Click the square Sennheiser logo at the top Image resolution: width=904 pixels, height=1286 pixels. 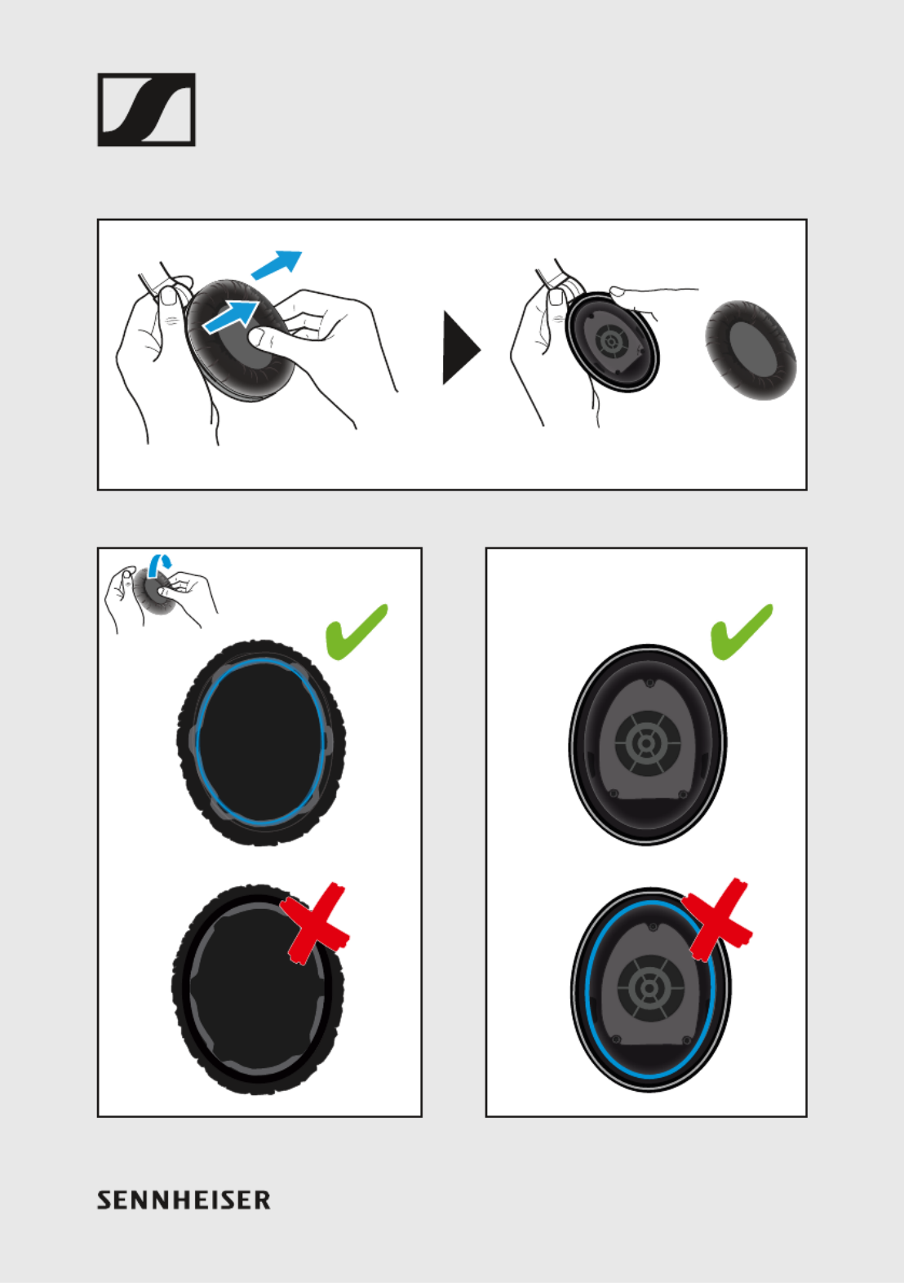(x=146, y=109)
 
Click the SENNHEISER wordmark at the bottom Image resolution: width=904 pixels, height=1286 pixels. (x=184, y=1200)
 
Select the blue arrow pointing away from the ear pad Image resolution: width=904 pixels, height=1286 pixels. (x=277, y=264)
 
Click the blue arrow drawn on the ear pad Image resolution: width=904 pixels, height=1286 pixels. (x=229, y=317)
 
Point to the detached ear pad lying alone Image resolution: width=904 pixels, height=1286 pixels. (x=751, y=349)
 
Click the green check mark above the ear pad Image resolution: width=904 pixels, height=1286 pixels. (x=357, y=632)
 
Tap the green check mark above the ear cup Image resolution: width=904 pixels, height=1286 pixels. (x=742, y=632)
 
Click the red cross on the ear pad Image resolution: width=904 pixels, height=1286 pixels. (x=315, y=924)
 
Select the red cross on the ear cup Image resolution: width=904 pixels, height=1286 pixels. (x=717, y=919)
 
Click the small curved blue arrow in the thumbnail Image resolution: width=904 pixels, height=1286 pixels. (x=159, y=565)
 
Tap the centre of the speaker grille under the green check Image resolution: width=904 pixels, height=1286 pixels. (x=647, y=743)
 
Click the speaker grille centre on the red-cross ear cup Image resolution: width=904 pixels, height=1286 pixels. (x=649, y=988)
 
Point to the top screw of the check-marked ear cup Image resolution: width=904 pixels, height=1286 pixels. (x=649, y=683)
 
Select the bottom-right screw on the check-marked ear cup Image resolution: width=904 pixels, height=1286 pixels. (x=682, y=795)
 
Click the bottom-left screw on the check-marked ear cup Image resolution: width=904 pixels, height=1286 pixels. (x=613, y=793)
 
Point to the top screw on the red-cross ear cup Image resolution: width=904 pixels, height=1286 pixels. (x=653, y=927)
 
